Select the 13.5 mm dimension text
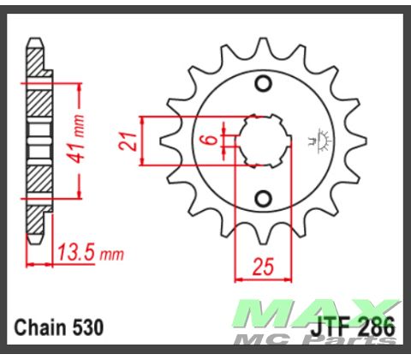coord(89,253)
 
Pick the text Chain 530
coord(59,327)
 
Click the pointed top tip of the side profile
coord(34,40)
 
